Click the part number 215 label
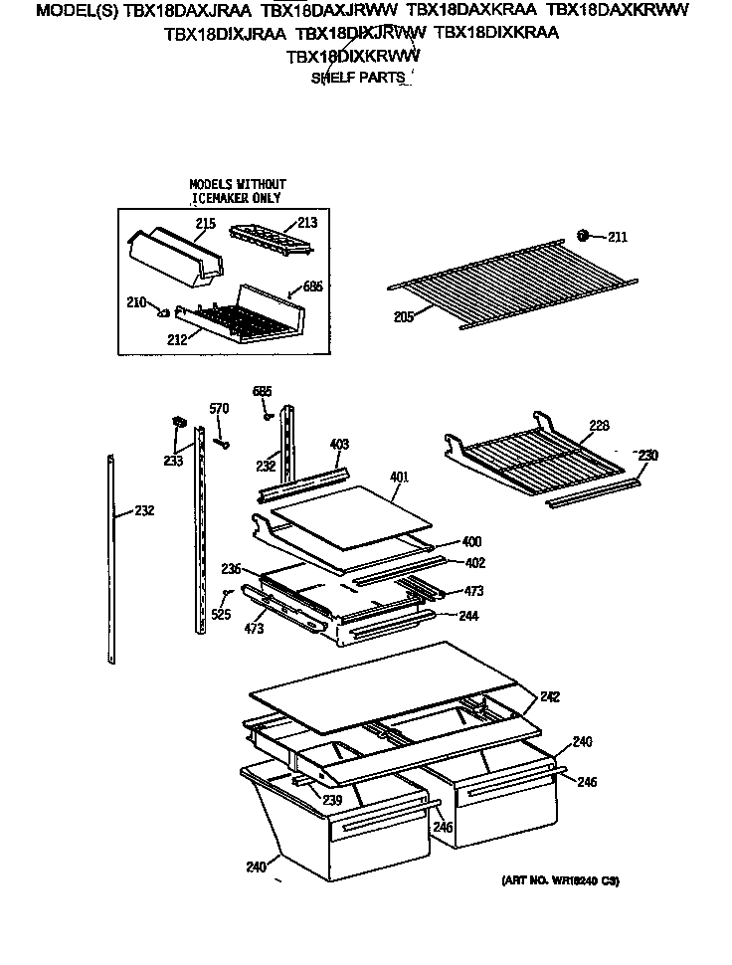pyautogui.click(x=205, y=224)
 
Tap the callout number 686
pyautogui.click(x=312, y=287)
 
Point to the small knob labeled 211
pyautogui.click(x=585, y=236)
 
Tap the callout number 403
pyautogui.click(x=339, y=445)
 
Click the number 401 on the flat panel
pyautogui.click(x=399, y=477)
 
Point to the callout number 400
pyautogui.click(x=471, y=542)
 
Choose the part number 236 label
pyautogui.click(x=231, y=568)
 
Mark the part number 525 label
pyautogui.click(x=220, y=615)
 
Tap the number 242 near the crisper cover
pyautogui.click(x=550, y=696)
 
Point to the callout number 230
pyautogui.click(x=646, y=455)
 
